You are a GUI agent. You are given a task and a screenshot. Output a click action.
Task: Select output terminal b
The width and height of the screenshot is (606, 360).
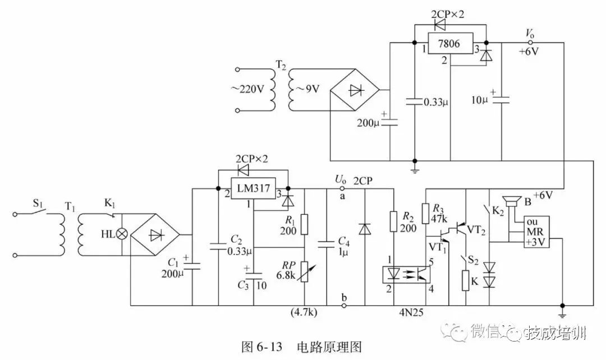(x=343, y=306)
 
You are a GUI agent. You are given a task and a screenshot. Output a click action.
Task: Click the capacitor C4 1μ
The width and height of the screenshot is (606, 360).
(x=327, y=243)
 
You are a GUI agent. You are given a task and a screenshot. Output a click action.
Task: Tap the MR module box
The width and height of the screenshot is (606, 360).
(x=536, y=231)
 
